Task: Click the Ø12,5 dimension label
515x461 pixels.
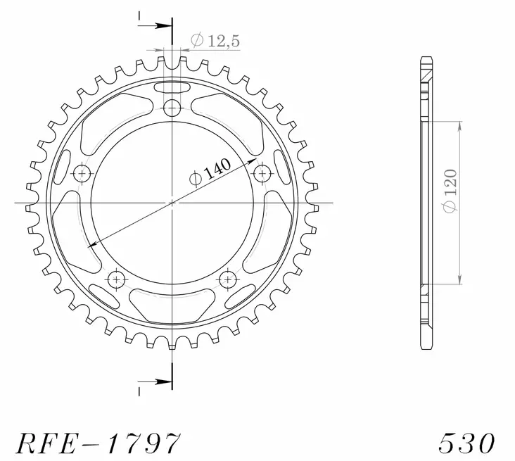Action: click(215, 42)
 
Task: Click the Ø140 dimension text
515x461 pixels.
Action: click(208, 171)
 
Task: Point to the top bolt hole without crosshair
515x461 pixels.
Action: click(172, 108)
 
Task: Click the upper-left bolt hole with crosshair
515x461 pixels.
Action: click(83, 173)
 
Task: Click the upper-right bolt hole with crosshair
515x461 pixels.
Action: click(262, 172)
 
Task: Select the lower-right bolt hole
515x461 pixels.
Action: click(227, 279)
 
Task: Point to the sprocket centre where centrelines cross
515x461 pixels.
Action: click(172, 203)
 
